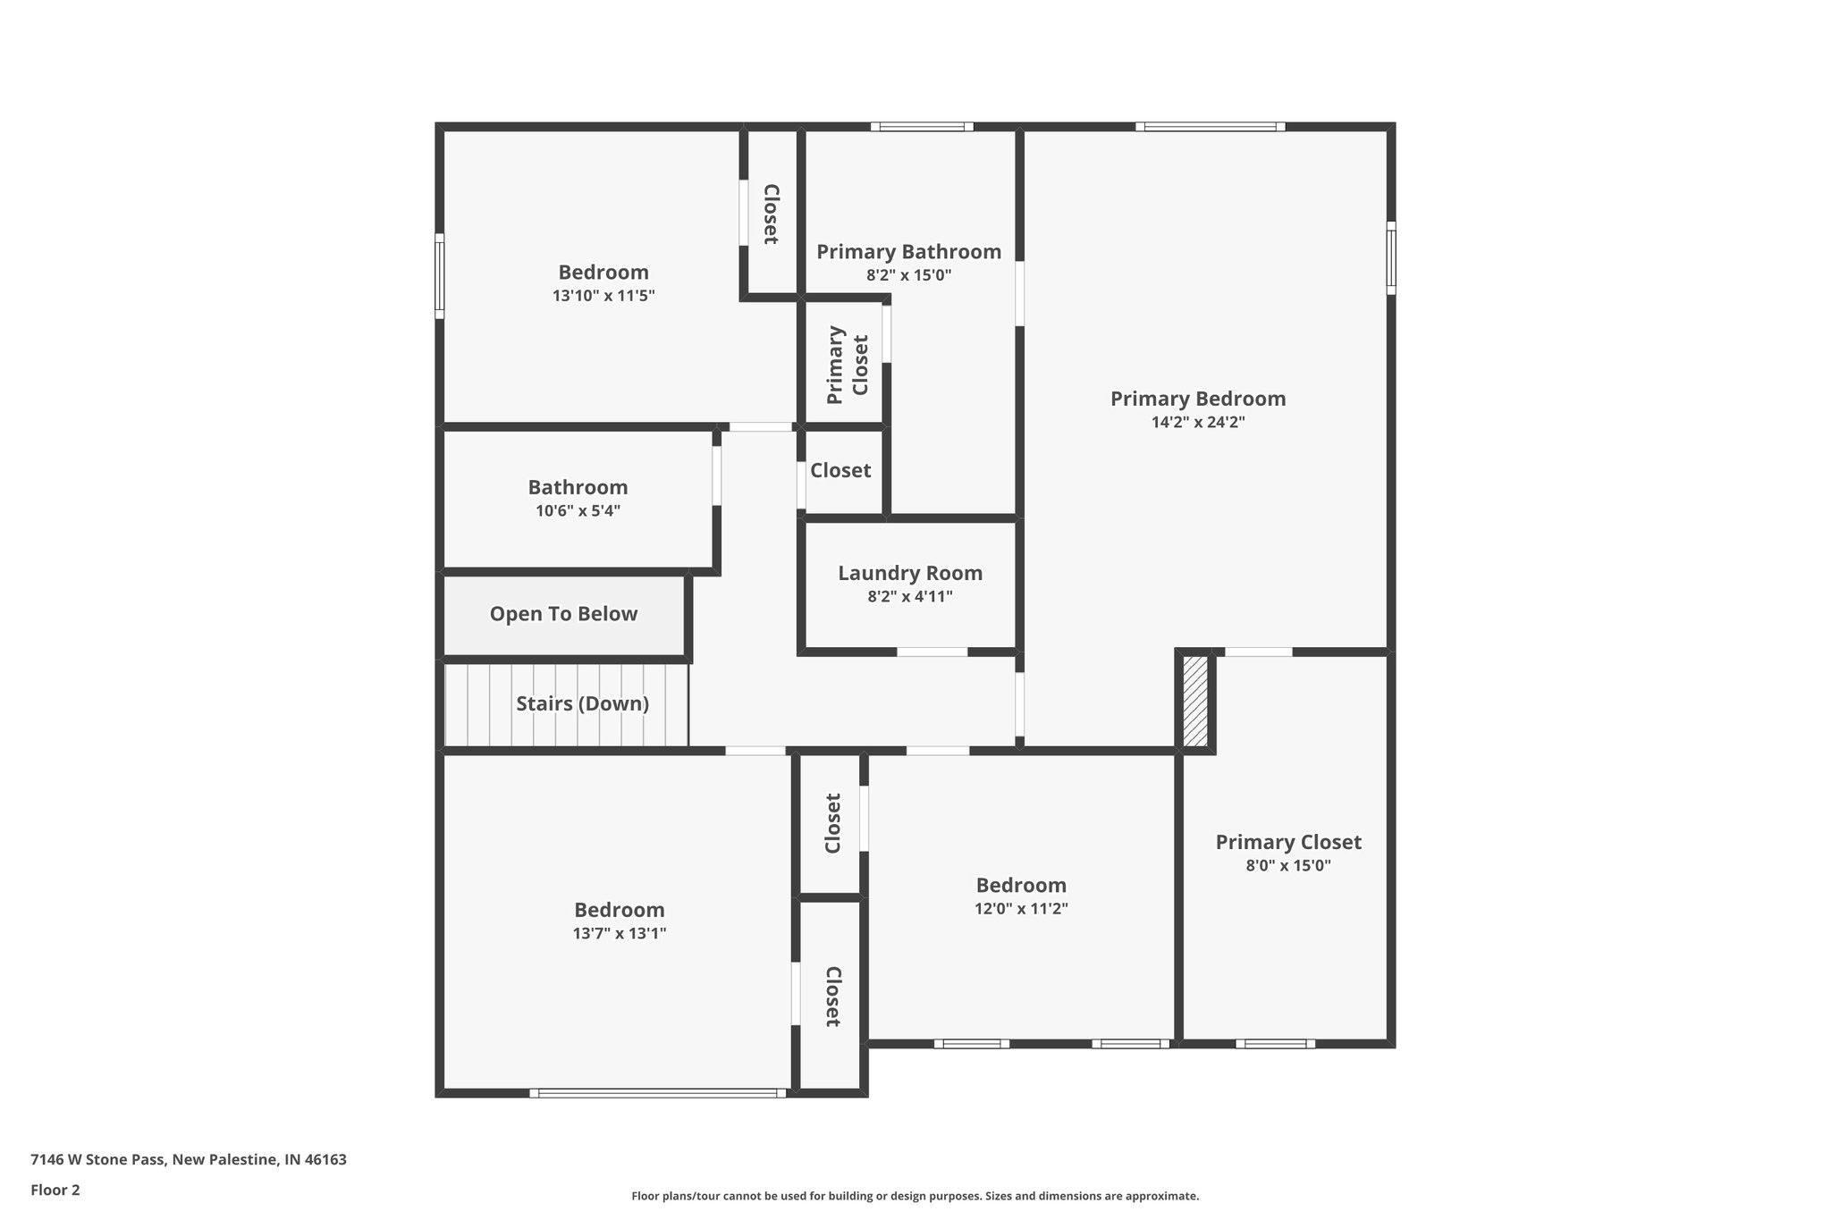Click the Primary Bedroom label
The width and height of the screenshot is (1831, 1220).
click(x=1198, y=399)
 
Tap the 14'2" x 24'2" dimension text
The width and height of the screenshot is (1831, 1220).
click(x=1198, y=423)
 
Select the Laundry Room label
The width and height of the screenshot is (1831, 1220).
click(x=910, y=573)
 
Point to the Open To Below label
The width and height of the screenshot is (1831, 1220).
click(x=563, y=614)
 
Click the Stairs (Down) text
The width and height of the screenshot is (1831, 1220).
click(x=582, y=703)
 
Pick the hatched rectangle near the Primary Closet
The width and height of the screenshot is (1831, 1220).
click(x=1195, y=702)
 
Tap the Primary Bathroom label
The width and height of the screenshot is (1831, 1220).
click(x=908, y=252)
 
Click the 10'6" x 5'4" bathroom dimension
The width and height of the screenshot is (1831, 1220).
click(x=578, y=511)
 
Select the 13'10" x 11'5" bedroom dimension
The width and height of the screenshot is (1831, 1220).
click(x=603, y=296)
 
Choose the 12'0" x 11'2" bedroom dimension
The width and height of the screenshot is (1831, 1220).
click(x=1021, y=909)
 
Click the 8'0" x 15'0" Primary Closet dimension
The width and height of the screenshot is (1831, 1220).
click(x=1288, y=865)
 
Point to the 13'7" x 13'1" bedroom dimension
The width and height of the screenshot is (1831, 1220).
click(x=620, y=934)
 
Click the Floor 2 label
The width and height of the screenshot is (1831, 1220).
click(x=55, y=1190)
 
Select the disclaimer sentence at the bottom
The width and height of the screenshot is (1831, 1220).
click(x=915, y=1196)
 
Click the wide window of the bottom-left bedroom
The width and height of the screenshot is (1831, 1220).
click(x=657, y=1092)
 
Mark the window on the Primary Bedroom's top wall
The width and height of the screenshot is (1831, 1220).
click(x=1211, y=127)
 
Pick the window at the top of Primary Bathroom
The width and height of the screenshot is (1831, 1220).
click(x=922, y=127)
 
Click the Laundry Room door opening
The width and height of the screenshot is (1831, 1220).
click(x=932, y=652)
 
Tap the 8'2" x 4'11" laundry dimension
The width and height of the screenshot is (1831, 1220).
click(x=910, y=597)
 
